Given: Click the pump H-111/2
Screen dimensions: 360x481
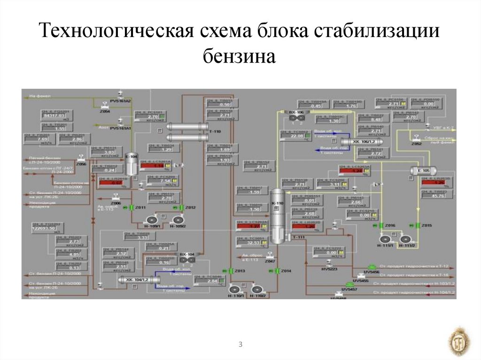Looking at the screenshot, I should (x=405, y=239).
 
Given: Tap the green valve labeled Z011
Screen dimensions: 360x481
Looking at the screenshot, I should (x=132, y=207).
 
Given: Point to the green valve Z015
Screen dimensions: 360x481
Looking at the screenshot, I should (x=417, y=226).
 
